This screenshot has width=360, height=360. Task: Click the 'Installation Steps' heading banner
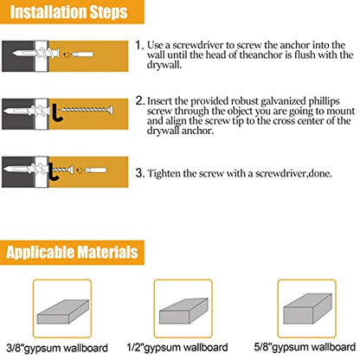click(x=72, y=12)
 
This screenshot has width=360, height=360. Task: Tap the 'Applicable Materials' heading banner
click(x=72, y=253)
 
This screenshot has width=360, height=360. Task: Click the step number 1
click(x=139, y=45)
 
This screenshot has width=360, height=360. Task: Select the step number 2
click(x=139, y=101)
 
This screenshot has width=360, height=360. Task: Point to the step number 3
click(x=139, y=173)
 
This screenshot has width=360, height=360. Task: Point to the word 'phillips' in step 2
click(x=324, y=101)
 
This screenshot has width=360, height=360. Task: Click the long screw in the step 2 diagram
click(x=86, y=110)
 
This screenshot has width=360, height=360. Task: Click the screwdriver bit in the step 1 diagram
click(x=82, y=54)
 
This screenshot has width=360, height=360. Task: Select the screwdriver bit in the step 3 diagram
click(x=95, y=170)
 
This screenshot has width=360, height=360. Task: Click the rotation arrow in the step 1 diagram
click(x=67, y=55)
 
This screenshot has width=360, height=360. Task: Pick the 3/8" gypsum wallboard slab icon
click(x=63, y=312)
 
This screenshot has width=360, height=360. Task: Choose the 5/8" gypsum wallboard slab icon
click(x=307, y=309)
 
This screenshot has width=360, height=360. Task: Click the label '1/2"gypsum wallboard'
click(x=177, y=347)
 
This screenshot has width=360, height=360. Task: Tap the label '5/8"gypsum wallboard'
click(x=305, y=347)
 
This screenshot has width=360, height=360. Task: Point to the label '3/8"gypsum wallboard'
click(x=57, y=348)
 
